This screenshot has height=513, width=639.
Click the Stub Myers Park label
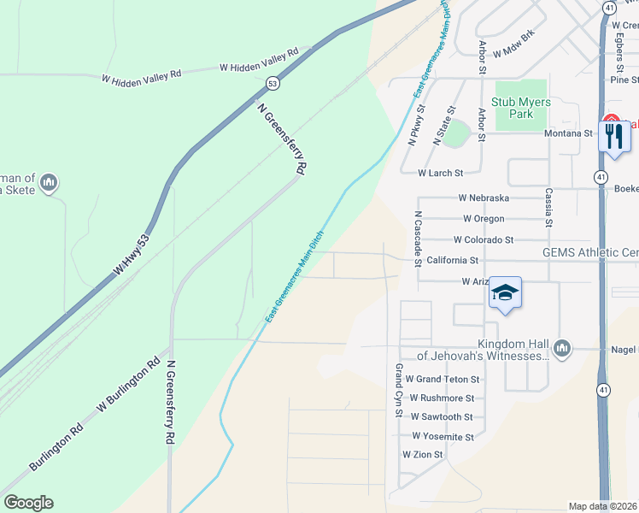520,108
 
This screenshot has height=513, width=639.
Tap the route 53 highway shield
272,83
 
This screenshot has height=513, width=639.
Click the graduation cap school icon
505,293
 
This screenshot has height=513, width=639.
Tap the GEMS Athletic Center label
590,252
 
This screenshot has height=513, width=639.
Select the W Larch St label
440,173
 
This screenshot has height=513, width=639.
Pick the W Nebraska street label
484,198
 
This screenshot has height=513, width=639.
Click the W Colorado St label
484,240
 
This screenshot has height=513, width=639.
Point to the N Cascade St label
418,239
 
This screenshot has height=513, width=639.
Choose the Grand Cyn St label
398,390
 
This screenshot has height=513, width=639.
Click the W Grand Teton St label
443,379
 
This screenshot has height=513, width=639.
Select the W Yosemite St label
443,437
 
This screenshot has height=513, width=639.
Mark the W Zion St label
423,456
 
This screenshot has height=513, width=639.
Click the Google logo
28,503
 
